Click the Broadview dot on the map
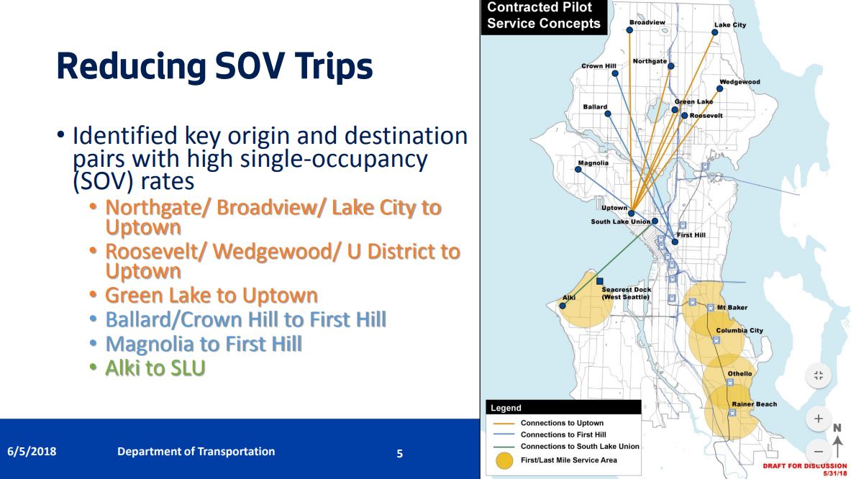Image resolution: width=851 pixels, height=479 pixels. pos(629,30)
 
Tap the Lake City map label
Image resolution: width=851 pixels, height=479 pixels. pos(730,25)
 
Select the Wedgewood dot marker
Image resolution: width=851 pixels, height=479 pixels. pos(719,89)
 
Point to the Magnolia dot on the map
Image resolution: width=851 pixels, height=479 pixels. pos(578,170)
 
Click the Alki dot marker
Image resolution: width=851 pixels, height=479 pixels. pos(563,306)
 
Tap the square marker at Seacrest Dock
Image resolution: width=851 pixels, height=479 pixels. pos(600,281)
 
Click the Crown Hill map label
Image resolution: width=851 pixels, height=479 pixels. pos(599,66)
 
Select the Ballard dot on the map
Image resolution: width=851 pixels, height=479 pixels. pos(608,114)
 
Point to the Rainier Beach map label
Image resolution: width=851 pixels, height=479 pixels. pos(755,404)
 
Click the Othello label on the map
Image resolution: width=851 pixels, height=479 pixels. pos(739,374)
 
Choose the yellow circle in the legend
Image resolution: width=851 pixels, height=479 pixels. pos(505,460)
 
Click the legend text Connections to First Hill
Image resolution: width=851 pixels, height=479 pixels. pos(563,434)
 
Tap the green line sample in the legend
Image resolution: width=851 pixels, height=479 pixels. pos(503,447)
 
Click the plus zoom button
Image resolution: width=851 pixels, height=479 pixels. pos(819,419)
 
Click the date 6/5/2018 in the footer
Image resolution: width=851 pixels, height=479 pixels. pos(32,452)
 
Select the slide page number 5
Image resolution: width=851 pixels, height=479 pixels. pos(400,454)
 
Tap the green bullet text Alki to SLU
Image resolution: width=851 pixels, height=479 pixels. pos(155,368)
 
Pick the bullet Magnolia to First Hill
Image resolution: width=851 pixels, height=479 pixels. pos(204,345)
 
